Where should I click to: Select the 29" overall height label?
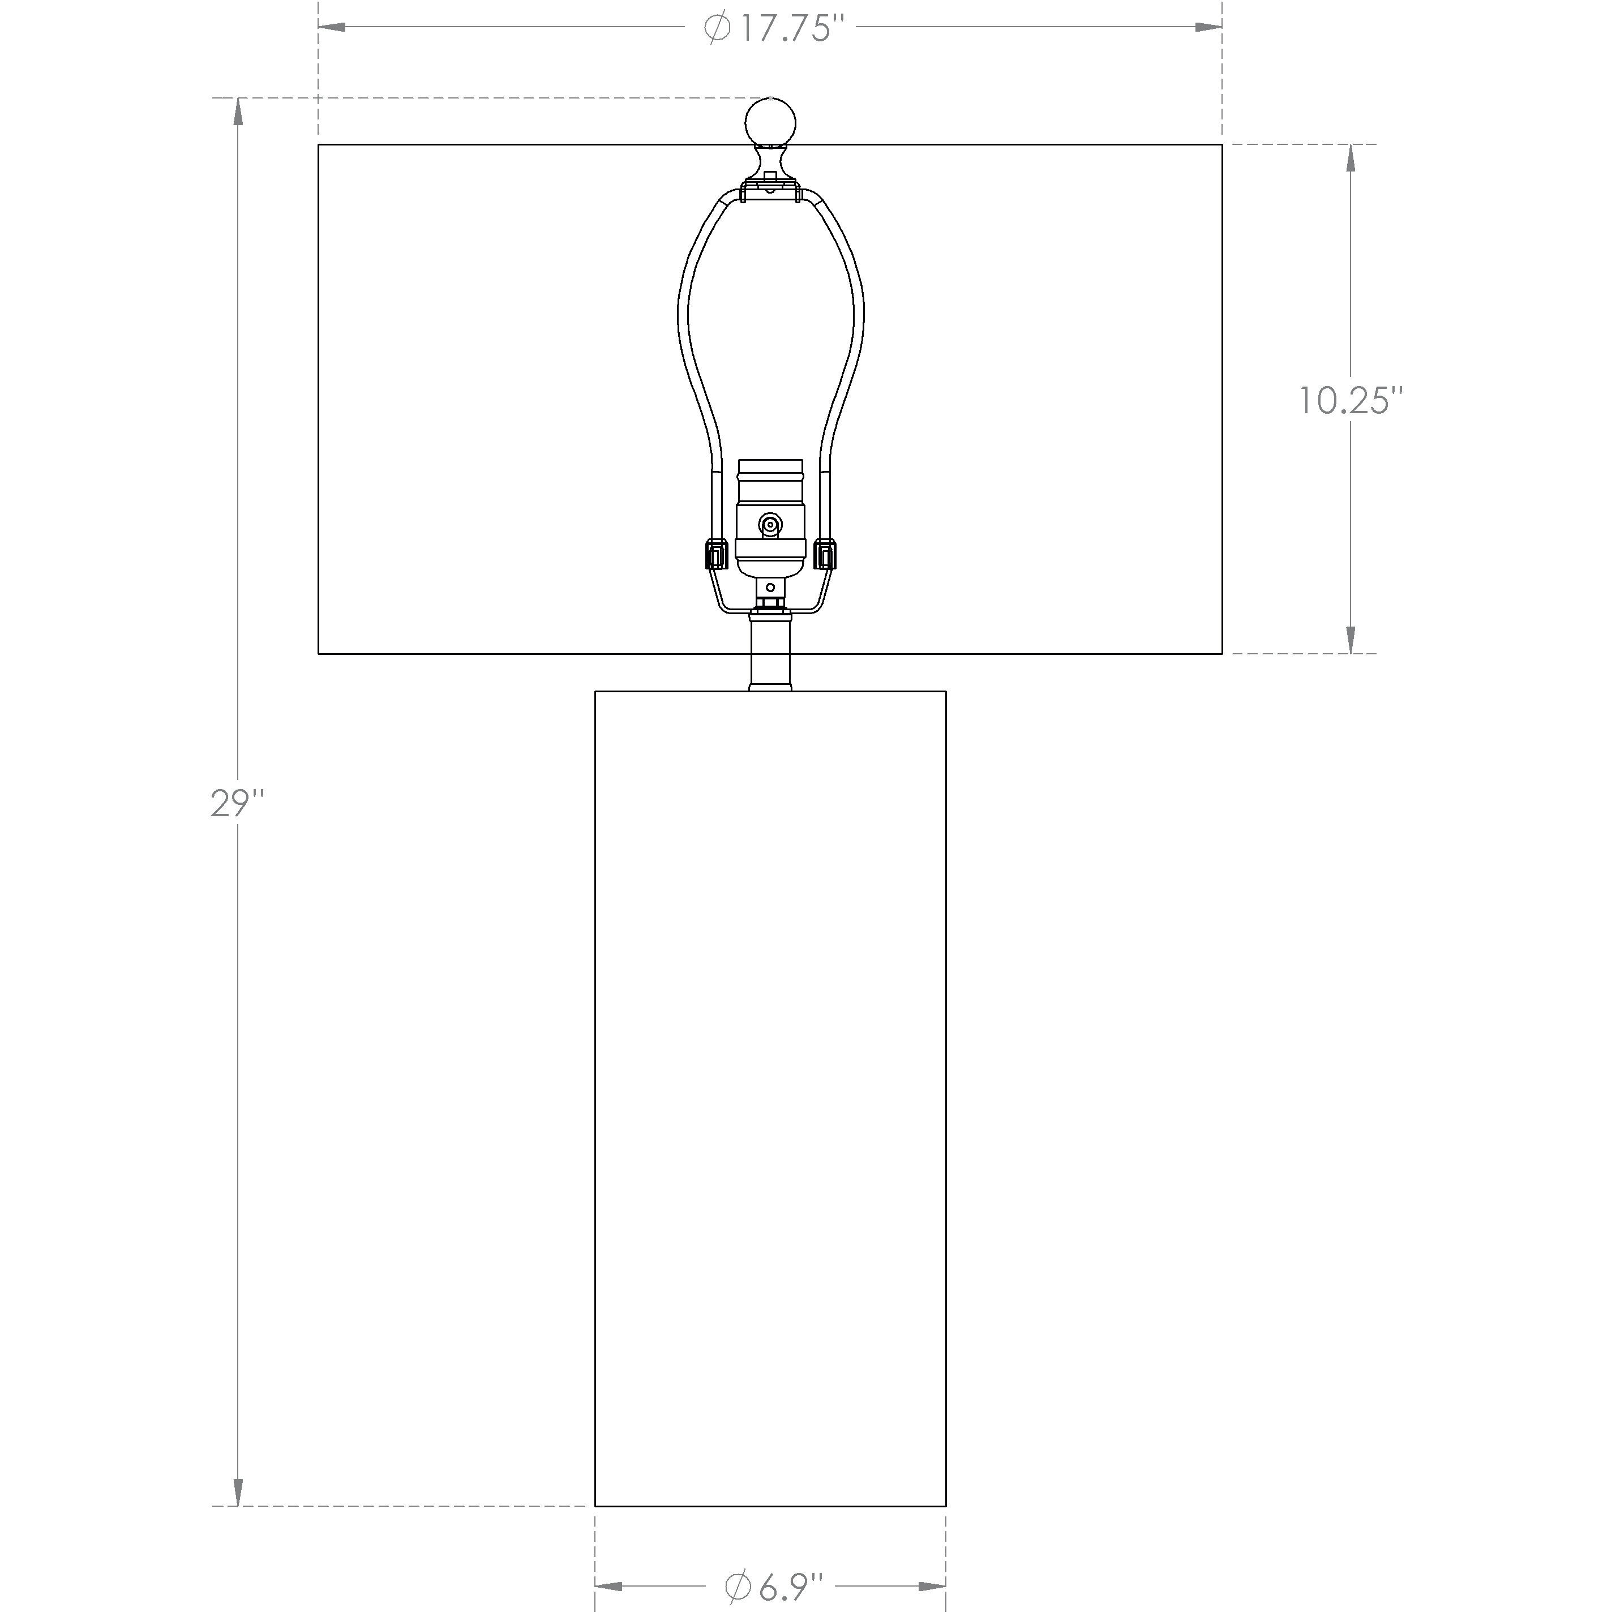tap(238, 805)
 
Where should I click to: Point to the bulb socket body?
tap(770, 518)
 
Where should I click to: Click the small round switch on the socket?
tap(770, 525)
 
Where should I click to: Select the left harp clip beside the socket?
tap(717, 554)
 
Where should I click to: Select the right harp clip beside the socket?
tap(824, 554)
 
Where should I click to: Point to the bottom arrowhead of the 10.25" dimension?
tap(1350, 640)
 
